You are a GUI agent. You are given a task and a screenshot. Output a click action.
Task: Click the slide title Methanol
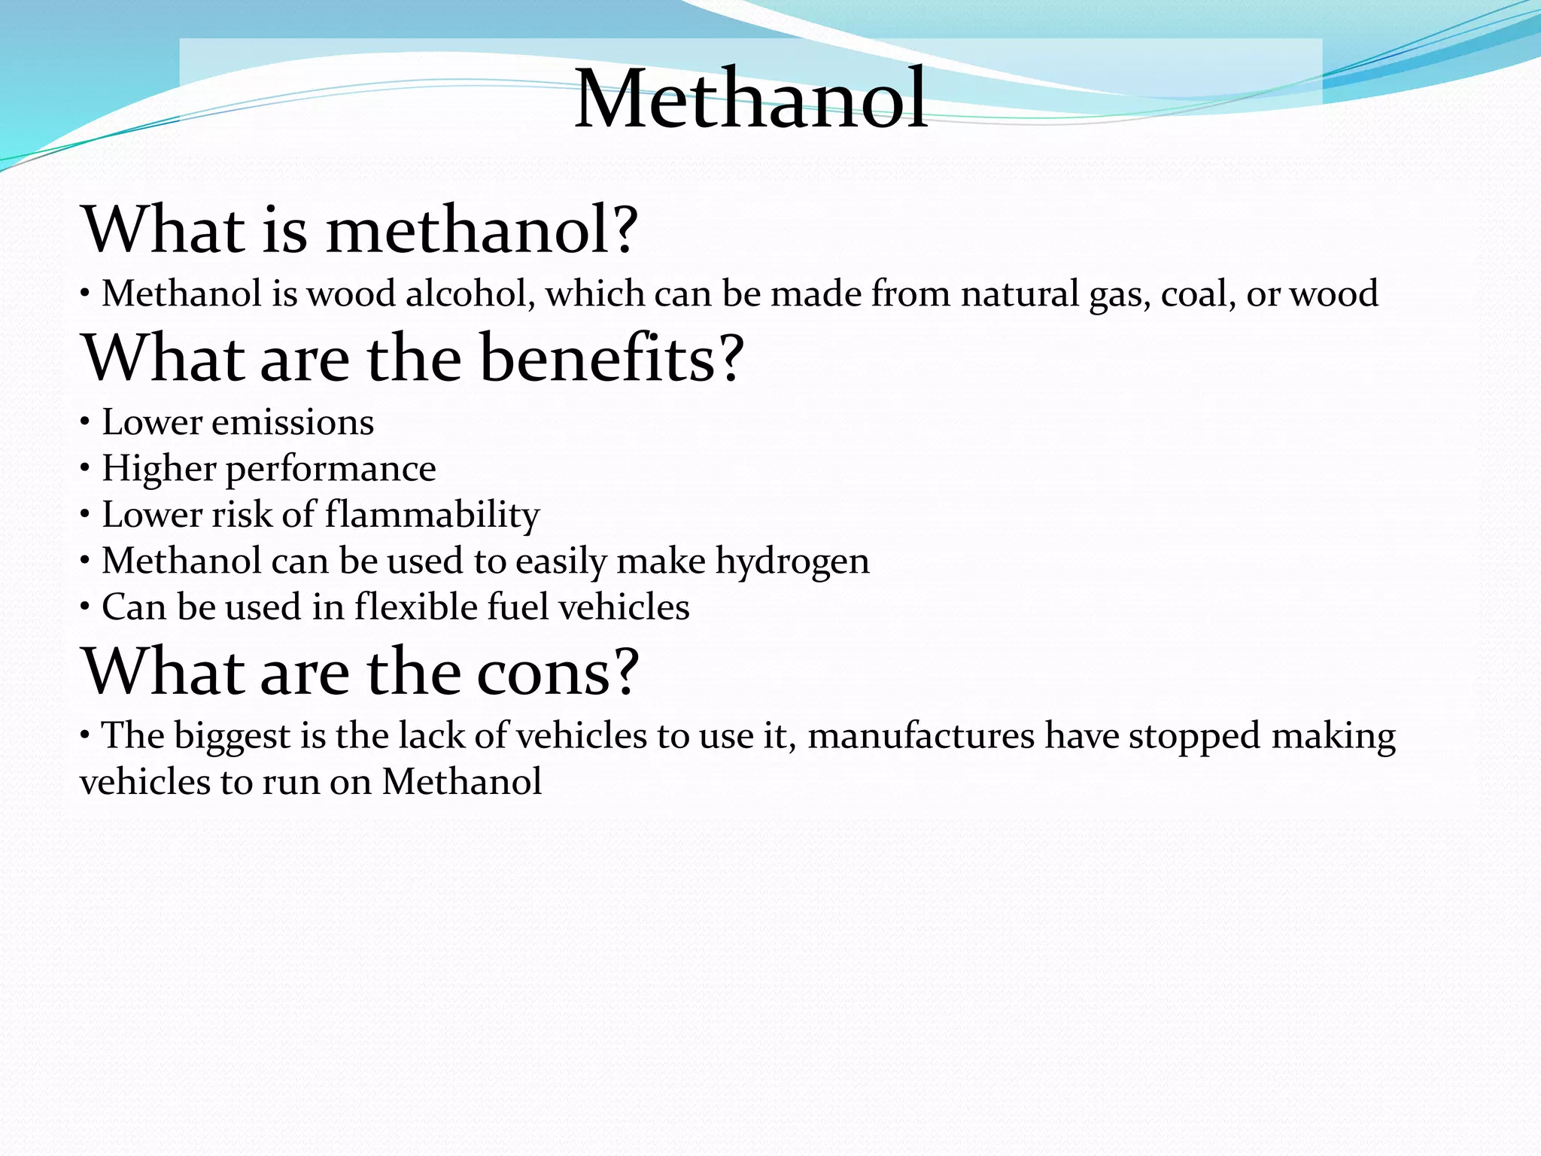point(751,99)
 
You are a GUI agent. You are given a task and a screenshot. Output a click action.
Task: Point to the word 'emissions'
point(293,422)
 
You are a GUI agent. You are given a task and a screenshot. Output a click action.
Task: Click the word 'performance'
point(330,470)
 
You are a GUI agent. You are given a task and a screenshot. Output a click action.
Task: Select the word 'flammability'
point(432,516)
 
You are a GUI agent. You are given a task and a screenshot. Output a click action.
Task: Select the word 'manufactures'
point(921,736)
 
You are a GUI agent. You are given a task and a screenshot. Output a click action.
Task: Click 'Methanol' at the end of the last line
point(461,782)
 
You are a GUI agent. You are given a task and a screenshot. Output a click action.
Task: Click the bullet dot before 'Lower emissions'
point(86,422)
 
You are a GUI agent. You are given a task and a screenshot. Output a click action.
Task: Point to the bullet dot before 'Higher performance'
point(86,469)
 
